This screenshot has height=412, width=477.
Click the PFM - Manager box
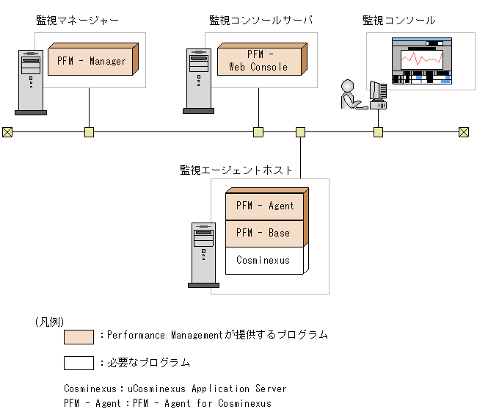(x=92, y=61)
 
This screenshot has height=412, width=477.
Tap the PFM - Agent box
(x=265, y=206)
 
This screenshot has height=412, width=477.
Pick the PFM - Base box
(x=263, y=234)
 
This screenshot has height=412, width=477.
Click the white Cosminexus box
(x=263, y=260)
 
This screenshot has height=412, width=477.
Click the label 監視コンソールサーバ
(x=261, y=21)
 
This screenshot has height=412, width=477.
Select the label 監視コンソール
(x=399, y=21)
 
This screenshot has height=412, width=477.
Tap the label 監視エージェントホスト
(x=236, y=170)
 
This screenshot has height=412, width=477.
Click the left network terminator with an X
(x=7, y=132)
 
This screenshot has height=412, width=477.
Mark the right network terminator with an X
(x=464, y=132)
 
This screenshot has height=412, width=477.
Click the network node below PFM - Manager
(x=89, y=132)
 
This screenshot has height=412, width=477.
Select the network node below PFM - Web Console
(x=258, y=132)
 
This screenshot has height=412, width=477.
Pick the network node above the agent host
(x=300, y=132)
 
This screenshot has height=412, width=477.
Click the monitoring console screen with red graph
(x=421, y=62)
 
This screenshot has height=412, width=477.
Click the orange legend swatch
(x=79, y=336)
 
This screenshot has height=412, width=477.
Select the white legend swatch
(x=79, y=363)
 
